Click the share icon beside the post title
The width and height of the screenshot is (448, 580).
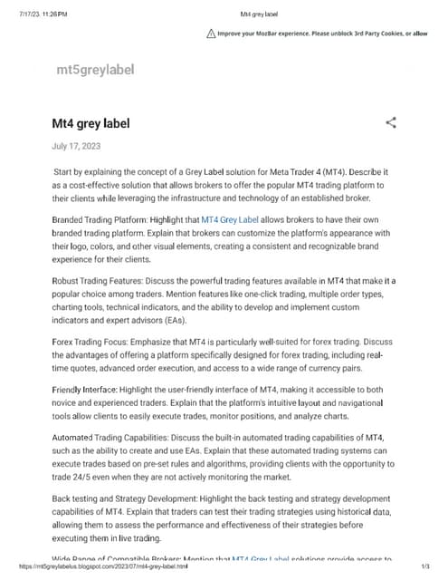[391, 122]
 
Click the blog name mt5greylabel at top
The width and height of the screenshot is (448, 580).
[95, 69]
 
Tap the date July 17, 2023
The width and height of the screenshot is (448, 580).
[77, 146]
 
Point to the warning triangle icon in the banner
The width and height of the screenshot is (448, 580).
[211, 34]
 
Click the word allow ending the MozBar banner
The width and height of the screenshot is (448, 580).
[420, 34]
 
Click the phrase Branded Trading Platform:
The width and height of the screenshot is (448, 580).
[104, 220]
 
